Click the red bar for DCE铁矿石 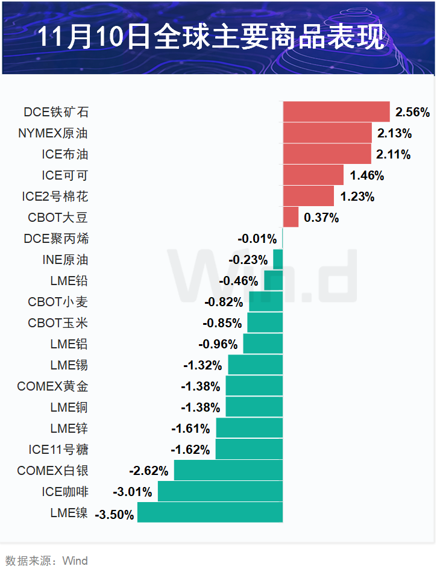(336, 112)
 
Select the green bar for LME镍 (210, 513)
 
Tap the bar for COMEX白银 (228, 471)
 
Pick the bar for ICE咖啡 (220, 492)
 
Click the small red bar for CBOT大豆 (291, 218)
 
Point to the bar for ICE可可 (313, 175)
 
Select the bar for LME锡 (255, 365)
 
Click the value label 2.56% (412, 112)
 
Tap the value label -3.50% (115, 514)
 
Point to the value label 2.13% (394, 133)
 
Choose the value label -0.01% (257, 239)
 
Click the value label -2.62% (149, 471)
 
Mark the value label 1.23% (357, 197)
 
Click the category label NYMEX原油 (53, 133)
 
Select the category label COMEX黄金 (52, 386)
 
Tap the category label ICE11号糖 (58, 450)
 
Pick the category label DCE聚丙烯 (56, 239)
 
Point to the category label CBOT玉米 (58, 323)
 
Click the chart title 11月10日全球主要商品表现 (210, 37)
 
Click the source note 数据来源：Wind (46, 561)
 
